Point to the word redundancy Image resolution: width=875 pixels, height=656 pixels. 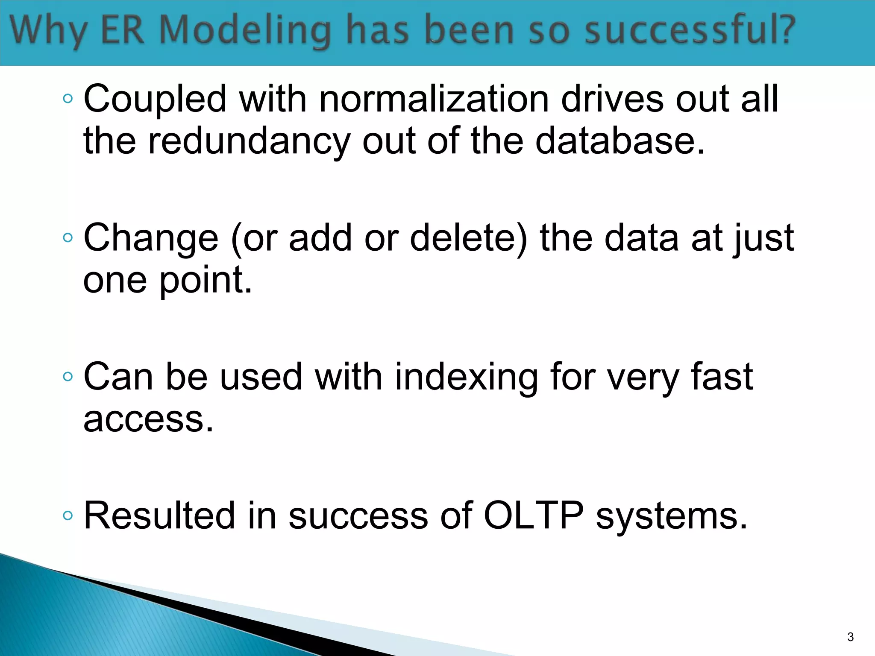point(249,142)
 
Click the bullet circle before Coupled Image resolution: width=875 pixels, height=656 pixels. point(68,99)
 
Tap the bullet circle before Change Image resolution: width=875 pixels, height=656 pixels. point(68,238)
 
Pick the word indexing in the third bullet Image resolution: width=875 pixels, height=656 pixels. point(466,377)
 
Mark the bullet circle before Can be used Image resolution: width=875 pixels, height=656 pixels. point(68,377)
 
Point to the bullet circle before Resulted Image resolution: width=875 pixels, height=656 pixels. point(68,515)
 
